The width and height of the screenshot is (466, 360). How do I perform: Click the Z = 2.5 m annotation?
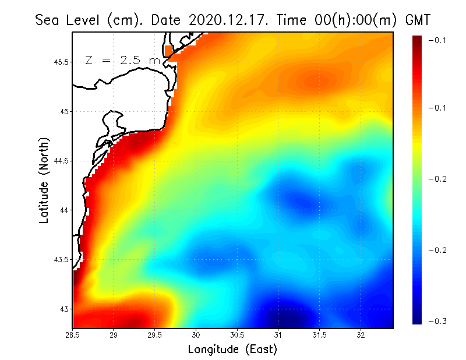tap(122, 60)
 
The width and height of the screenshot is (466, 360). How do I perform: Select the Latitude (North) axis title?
tap(44, 180)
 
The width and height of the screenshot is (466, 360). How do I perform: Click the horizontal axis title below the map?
tap(232, 349)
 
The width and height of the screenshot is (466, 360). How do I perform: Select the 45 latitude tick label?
tap(65, 111)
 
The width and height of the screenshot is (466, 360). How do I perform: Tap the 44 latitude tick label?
tap(65, 210)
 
